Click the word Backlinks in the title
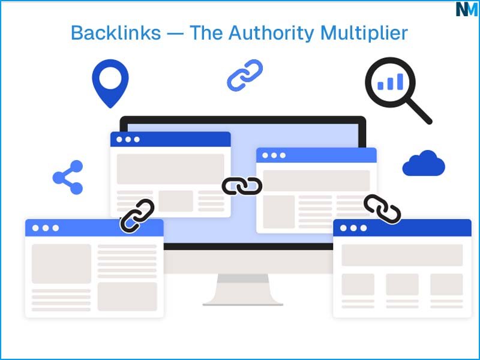[115, 32]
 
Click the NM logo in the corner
[466, 9]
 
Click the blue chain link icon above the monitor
[245, 76]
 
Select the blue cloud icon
[424, 164]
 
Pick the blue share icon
[68, 178]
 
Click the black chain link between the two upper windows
[242, 187]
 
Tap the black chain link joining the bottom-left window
[137, 216]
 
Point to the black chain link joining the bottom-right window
[382, 209]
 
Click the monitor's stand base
[242, 300]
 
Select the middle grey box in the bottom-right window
[402, 284]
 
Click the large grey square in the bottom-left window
[61, 263]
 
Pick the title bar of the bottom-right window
[402, 228]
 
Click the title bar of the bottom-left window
[94, 228]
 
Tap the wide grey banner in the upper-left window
[170, 169]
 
